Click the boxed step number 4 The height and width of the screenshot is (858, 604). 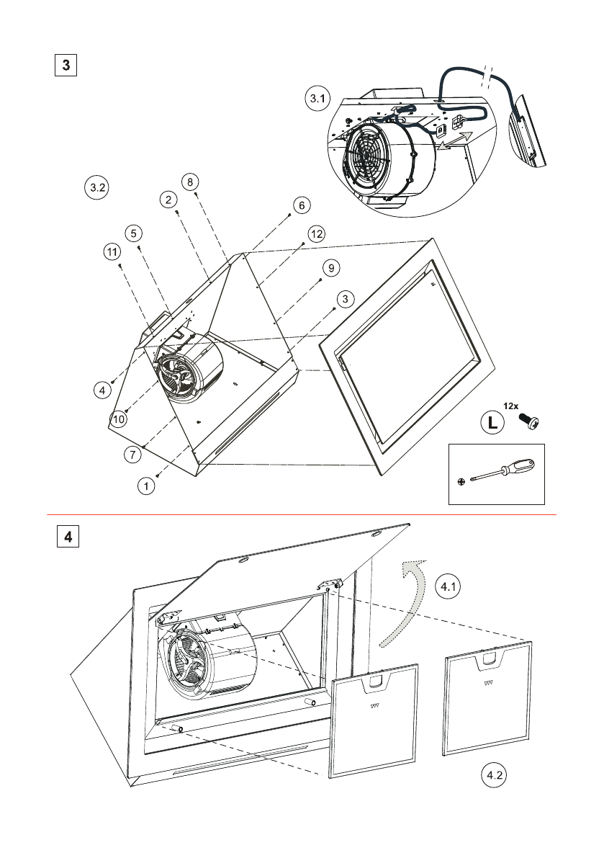[68, 537]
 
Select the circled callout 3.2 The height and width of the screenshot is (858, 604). [96, 187]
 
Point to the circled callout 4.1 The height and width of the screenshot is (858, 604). [449, 586]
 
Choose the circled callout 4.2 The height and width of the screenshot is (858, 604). [493, 776]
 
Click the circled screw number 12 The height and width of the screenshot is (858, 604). [316, 233]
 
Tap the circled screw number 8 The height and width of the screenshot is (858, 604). [190, 182]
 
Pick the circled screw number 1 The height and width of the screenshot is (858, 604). [147, 486]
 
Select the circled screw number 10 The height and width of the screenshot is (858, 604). [118, 419]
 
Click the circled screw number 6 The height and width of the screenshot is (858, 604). [300, 205]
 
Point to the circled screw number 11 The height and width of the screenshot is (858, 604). [110, 252]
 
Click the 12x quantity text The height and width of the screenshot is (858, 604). [511, 406]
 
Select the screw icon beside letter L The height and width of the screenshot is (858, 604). [531, 421]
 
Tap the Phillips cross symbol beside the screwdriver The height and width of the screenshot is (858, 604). [461, 481]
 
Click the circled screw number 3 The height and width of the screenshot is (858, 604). [345, 298]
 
